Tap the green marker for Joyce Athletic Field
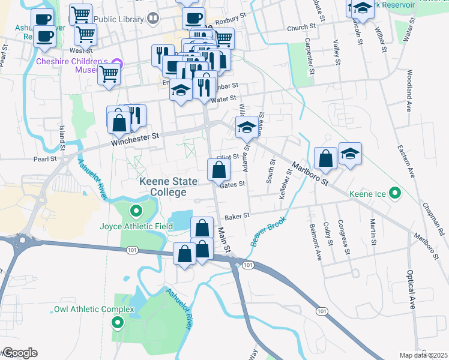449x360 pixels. point(136,211)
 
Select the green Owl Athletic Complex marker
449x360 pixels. point(117,323)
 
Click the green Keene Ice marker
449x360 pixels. point(394,193)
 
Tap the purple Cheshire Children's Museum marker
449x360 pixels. point(117,63)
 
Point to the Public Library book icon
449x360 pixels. point(153,19)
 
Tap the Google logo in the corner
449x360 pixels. point(19,353)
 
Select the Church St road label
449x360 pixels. point(301,28)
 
